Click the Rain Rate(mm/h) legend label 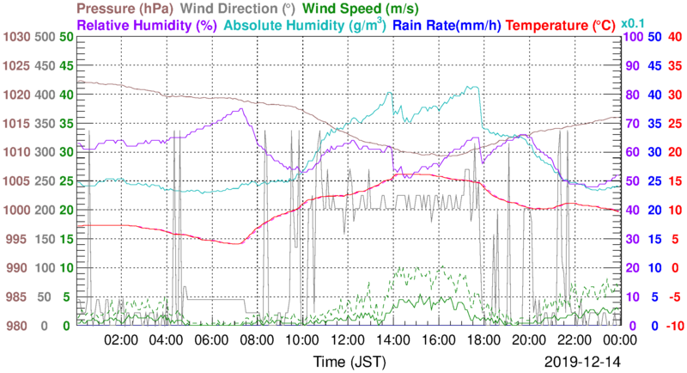[447, 26]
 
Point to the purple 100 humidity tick [629, 37]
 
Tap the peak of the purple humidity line [243, 109]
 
